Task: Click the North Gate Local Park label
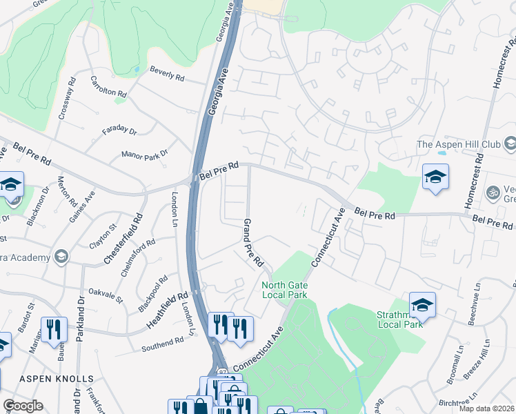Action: [284, 290]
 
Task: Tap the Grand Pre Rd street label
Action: [252, 243]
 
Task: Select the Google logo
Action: [23, 406]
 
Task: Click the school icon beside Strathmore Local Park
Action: [422, 304]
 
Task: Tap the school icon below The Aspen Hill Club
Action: [435, 177]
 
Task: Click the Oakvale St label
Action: [106, 295]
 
